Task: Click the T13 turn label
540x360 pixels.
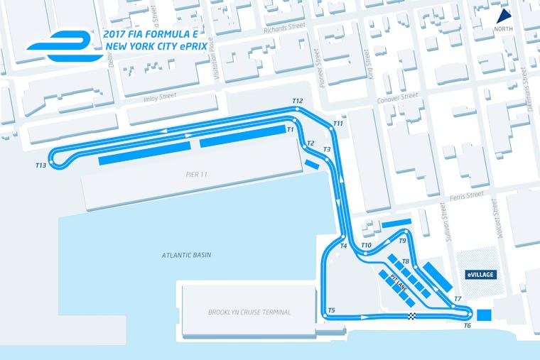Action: point(40,165)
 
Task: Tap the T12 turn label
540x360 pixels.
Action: point(297,102)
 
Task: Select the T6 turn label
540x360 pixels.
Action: point(467,325)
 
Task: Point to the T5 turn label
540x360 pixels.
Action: point(331,310)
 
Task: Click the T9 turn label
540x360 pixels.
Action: point(402,241)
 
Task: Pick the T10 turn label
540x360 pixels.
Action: point(366,246)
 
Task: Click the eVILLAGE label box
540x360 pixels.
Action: point(480,274)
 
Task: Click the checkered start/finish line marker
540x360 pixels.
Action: point(411,316)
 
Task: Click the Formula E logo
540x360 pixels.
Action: point(60,44)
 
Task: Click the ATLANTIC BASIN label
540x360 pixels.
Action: point(186,255)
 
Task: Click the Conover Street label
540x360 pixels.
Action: point(399,97)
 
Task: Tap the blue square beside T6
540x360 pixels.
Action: point(485,315)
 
